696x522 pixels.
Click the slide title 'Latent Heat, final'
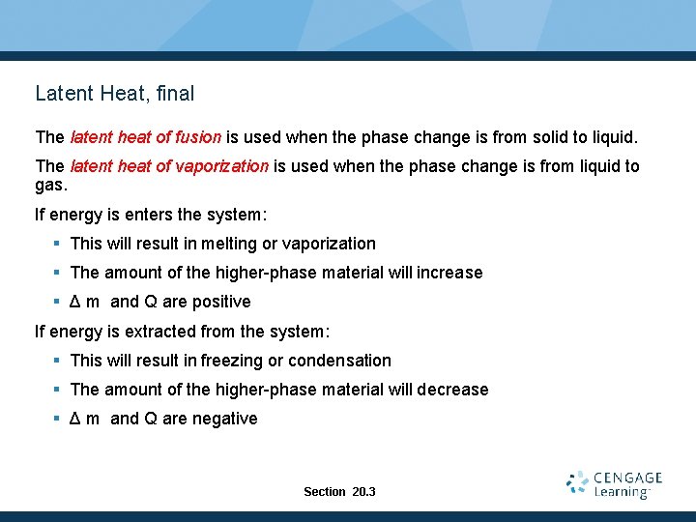click(x=114, y=94)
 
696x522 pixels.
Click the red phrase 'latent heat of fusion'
click(x=146, y=137)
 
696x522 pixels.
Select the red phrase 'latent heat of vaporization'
click(x=169, y=166)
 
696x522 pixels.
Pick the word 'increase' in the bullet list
click(x=449, y=273)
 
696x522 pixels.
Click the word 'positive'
click(x=221, y=302)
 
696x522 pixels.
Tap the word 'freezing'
click(x=232, y=361)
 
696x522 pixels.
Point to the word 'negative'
click(x=224, y=419)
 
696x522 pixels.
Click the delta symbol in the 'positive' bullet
click(x=75, y=302)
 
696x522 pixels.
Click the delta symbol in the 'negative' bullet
click(x=75, y=419)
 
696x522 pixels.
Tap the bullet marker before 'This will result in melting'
click(x=58, y=244)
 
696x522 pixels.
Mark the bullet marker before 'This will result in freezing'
click(x=58, y=361)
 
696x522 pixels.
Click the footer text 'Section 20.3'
click(x=339, y=492)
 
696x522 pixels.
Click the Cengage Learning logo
click(x=614, y=484)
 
